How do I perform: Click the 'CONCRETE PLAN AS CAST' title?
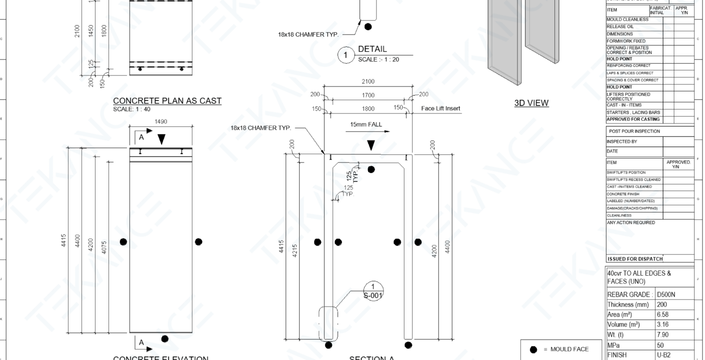pos(167,101)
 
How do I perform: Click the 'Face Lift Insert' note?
pos(440,108)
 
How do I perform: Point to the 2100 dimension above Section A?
pos(367,81)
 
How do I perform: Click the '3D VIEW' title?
pos(531,103)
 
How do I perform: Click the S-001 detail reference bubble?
pos(372,291)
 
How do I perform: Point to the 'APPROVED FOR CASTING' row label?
pos(632,119)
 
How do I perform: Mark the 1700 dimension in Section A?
pos(367,95)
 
